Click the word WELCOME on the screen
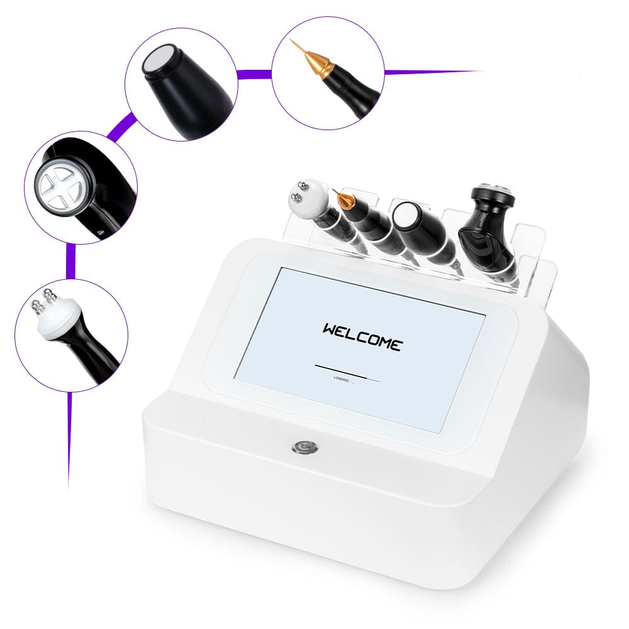362,337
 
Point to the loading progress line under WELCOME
347,373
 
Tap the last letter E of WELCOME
394,345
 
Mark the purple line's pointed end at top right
484,71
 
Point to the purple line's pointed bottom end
67,486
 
